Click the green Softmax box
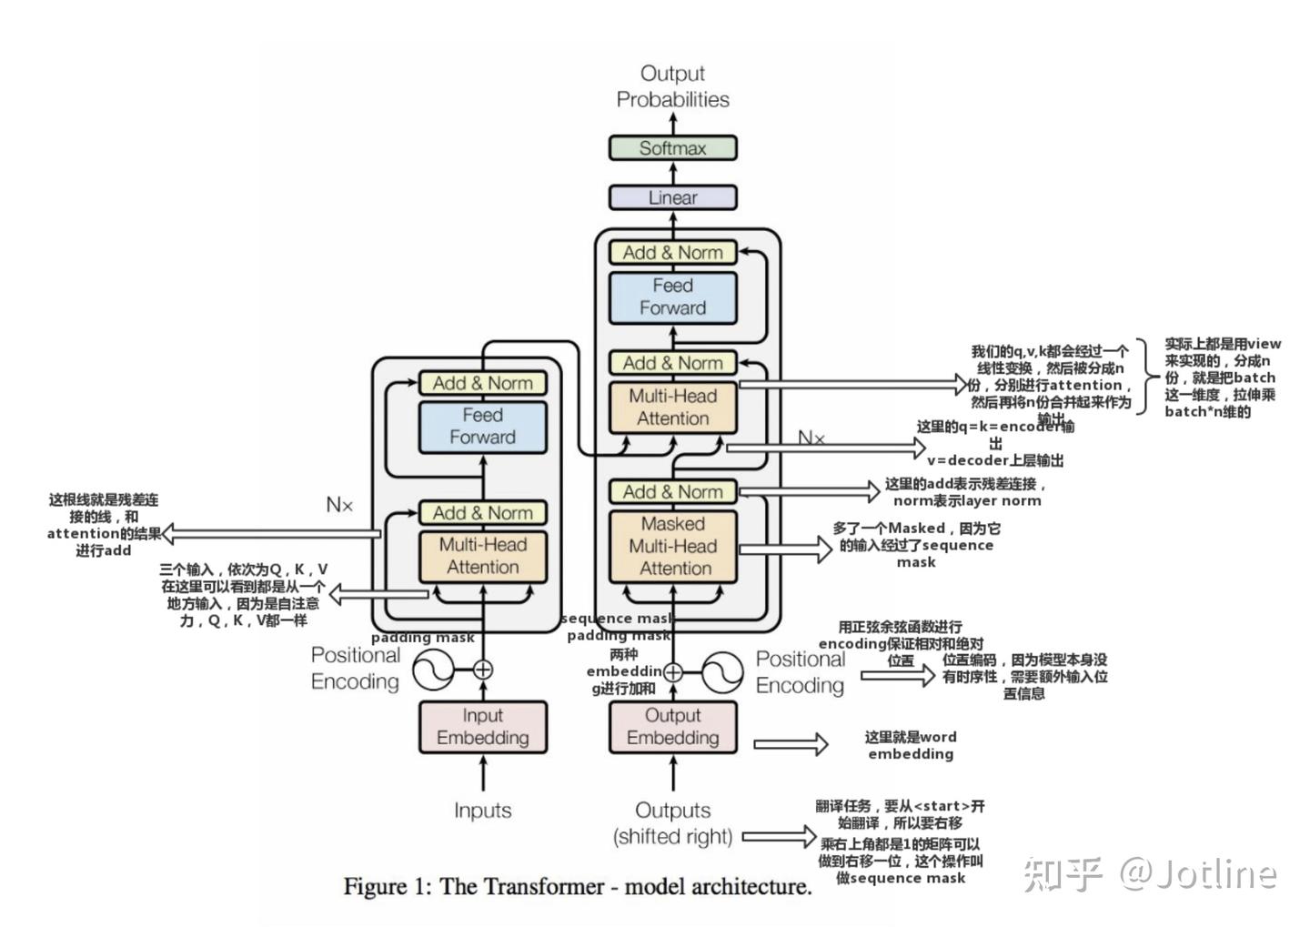click(x=672, y=148)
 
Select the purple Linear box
click(x=672, y=197)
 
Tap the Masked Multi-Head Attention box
click(x=672, y=546)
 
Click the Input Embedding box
click(x=482, y=727)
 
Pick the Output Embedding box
click(x=672, y=727)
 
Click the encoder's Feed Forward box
click(x=482, y=427)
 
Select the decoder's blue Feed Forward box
click(x=672, y=297)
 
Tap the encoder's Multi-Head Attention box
click(x=482, y=556)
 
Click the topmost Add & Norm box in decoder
click(x=672, y=253)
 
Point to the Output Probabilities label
click(x=672, y=86)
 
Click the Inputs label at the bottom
click(x=482, y=810)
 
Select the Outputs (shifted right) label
click(x=672, y=823)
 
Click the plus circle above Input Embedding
click(x=483, y=670)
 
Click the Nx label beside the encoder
click(x=339, y=504)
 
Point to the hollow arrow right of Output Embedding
click(x=791, y=744)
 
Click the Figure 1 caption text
click(x=578, y=887)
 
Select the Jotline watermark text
click(x=1151, y=873)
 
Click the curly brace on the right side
click(x=1148, y=377)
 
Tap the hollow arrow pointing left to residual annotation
click(x=272, y=534)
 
